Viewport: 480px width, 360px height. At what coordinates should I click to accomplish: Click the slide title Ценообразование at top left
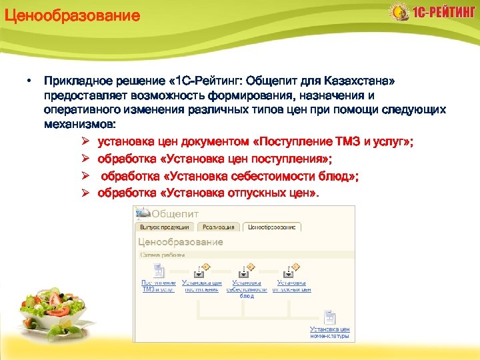pos(73,15)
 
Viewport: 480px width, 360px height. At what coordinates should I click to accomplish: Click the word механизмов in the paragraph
pos(79,124)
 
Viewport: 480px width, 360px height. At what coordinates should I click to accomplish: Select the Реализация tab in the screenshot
pos(218,227)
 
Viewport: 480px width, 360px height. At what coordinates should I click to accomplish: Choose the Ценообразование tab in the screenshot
pos(272,227)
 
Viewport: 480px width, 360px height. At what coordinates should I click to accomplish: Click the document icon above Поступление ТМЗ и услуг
pos(158,271)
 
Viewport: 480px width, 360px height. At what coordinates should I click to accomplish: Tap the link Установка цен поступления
pos(201,287)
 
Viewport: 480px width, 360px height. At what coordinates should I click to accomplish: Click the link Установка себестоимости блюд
pos(246,289)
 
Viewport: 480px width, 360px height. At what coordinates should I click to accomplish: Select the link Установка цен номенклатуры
pos(329,332)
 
